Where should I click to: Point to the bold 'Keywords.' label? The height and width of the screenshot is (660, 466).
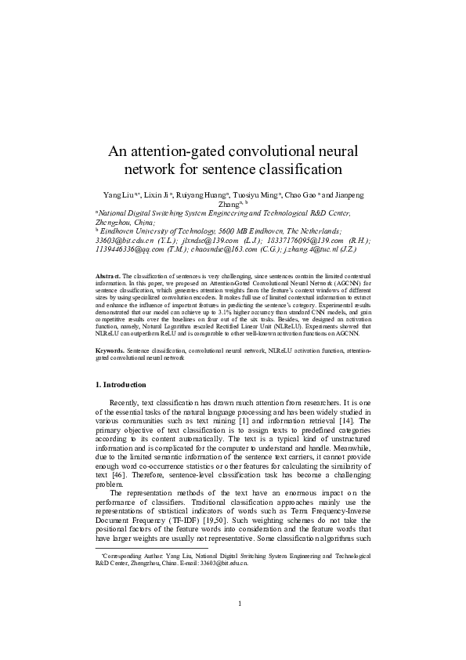click(x=109, y=350)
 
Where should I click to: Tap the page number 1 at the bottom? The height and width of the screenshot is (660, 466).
click(x=238, y=625)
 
